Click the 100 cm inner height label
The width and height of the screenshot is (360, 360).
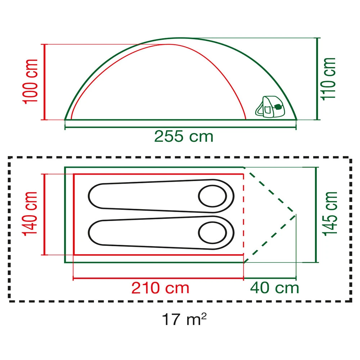30,81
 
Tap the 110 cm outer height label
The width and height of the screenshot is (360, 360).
328,79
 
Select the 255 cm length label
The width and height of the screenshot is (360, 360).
184,136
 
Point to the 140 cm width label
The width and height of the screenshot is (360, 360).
30,213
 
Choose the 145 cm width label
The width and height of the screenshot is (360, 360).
330,214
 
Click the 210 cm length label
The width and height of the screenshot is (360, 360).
160,288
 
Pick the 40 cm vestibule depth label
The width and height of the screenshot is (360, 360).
274,288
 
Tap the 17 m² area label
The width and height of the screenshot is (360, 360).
184,319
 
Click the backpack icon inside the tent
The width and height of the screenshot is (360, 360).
270,107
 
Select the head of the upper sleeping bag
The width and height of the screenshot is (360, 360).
212,196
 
